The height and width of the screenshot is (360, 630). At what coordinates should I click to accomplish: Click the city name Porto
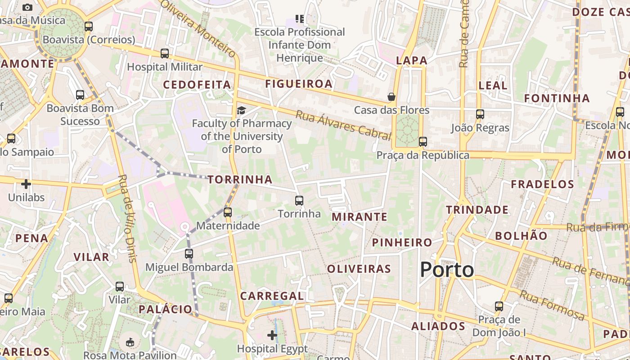447,270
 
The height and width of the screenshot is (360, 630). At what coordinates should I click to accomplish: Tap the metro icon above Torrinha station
299,201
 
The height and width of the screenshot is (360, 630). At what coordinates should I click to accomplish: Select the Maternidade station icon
228,212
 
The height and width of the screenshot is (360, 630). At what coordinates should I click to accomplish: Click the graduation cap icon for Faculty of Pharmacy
242,111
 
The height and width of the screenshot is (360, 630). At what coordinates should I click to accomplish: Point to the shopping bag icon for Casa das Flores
391,97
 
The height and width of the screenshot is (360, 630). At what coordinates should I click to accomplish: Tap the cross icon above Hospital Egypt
272,335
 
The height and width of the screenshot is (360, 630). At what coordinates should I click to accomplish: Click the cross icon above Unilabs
26,184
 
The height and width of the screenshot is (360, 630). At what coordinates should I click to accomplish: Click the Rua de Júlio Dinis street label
126,218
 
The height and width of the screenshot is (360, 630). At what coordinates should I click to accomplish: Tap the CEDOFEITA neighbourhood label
197,85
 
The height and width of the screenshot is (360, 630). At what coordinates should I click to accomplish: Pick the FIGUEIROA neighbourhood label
299,84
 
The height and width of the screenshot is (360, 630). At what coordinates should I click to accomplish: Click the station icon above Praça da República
423,142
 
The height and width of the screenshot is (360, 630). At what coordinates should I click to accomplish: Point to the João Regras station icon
480,114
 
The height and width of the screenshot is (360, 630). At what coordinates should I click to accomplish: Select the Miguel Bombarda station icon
189,254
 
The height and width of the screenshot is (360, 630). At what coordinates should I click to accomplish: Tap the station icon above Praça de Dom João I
499,306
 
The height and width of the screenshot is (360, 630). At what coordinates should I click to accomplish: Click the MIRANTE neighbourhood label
360,217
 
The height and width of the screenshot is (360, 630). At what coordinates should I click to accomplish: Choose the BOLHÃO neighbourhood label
521,236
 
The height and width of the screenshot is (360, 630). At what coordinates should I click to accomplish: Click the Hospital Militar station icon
165,54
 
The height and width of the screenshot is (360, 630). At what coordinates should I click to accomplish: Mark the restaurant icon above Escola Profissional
300,19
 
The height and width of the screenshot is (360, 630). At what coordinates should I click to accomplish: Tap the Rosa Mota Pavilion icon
130,342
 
